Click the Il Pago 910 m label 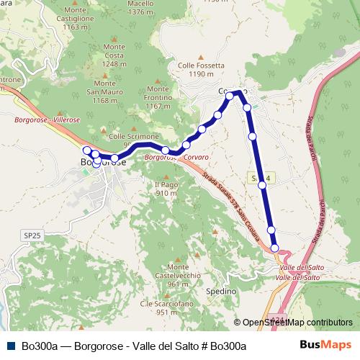point(166,189)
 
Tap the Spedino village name point(221,292)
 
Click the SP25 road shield point(31,235)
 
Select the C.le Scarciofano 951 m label point(159,307)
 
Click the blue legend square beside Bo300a point(11,346)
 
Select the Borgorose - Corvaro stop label point(176,156)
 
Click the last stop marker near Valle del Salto point(275,248)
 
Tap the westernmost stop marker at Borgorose point(87,150)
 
